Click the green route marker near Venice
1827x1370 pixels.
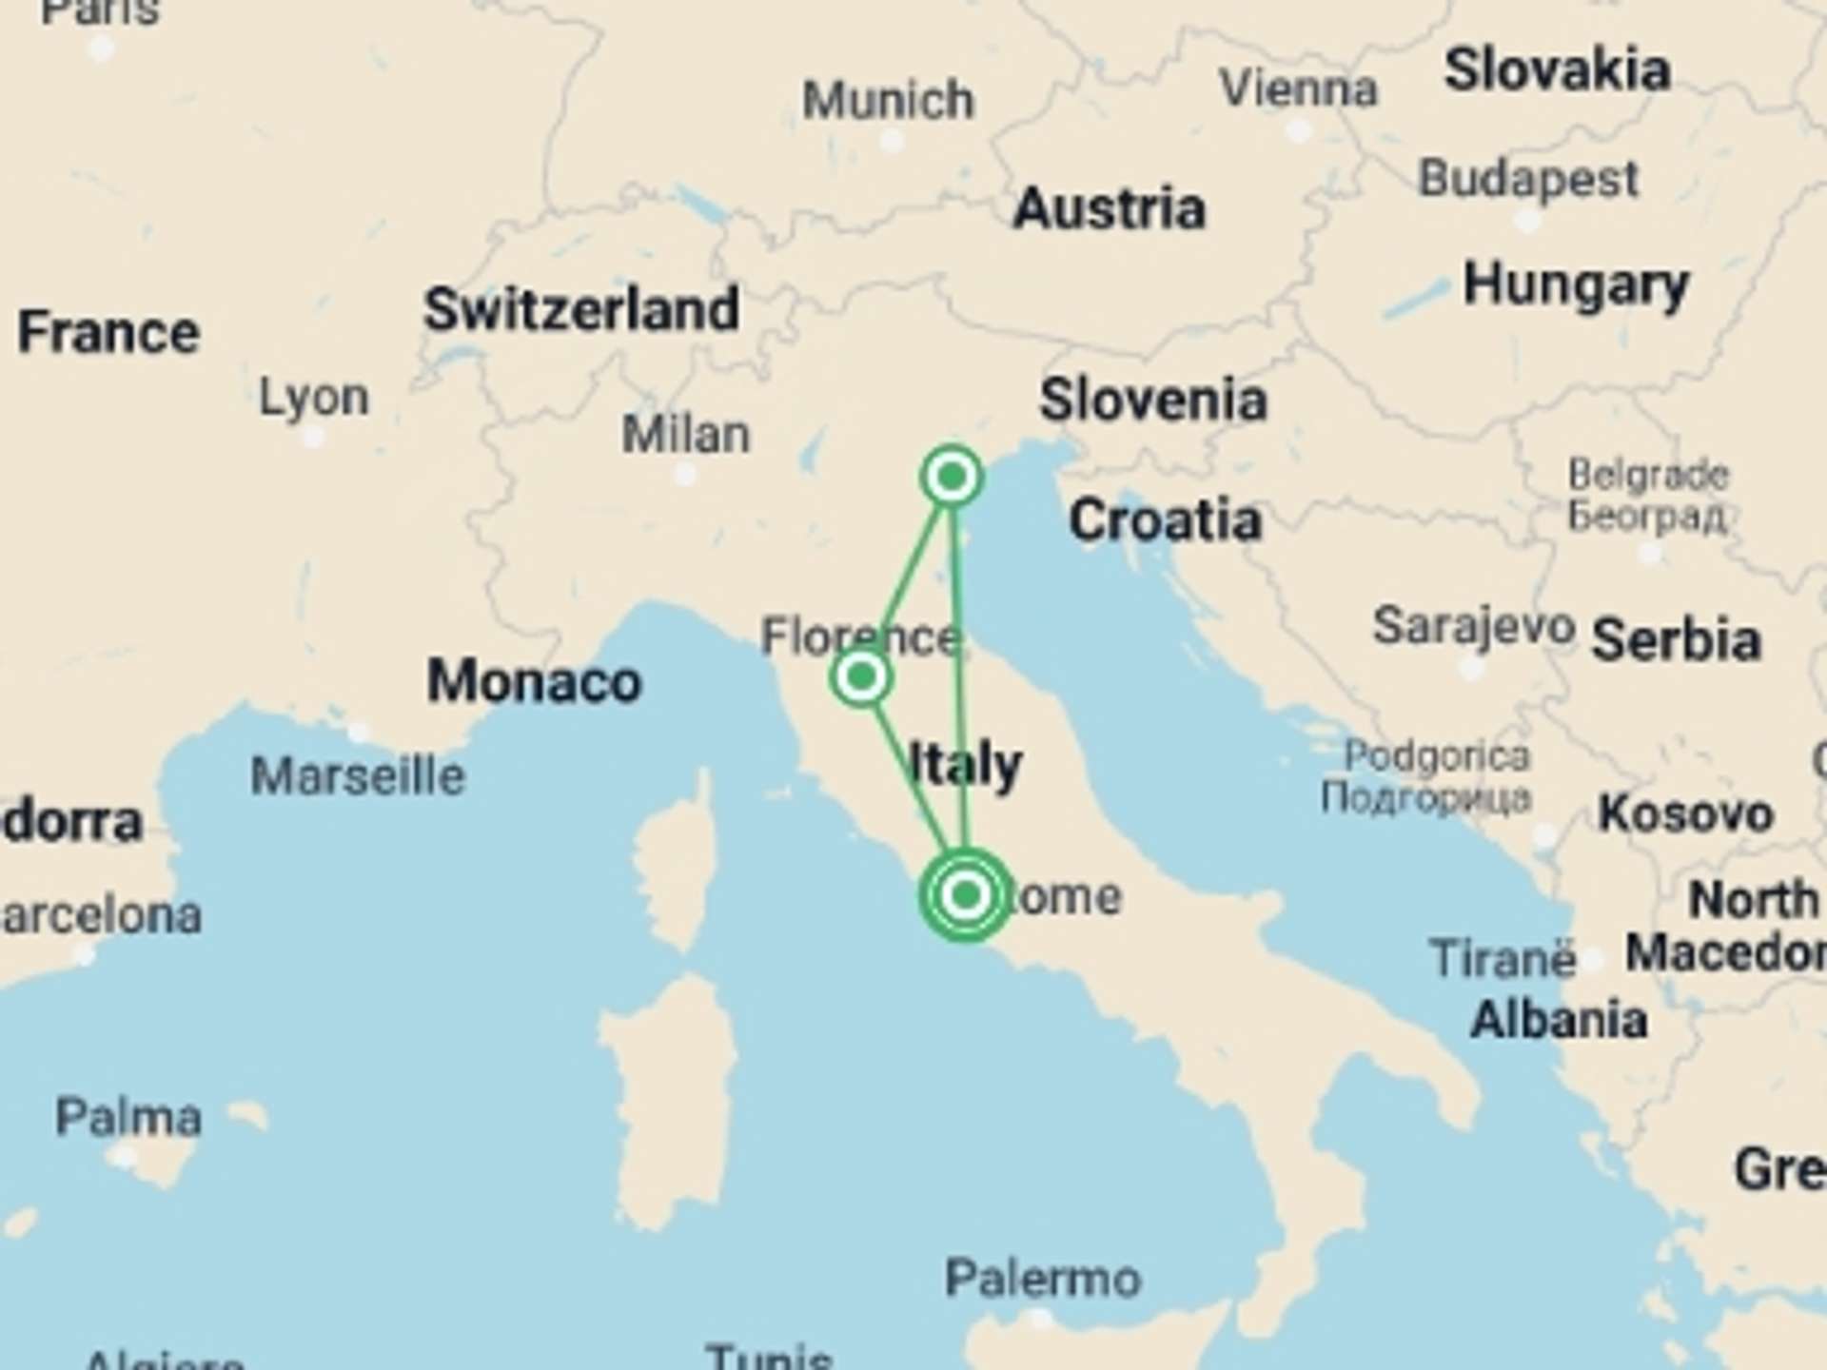[952, 476]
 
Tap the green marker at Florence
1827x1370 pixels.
[861, 676]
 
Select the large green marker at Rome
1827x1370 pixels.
[966, 894]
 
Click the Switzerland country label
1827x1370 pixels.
[581, 309]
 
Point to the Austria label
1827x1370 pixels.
[1110, 208]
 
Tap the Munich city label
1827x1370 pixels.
[889, 100]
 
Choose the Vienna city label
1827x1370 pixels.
[1299, 89]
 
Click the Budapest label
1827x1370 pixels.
[1528, 178]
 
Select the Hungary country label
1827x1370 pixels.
[1576, 284]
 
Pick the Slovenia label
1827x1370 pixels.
[1153, 400]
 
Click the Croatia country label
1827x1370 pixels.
[1166, 520]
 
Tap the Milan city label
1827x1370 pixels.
[686, 435]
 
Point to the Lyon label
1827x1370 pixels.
[314, 397]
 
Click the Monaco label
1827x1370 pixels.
[534, 681]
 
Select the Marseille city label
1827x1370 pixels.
[358, 776]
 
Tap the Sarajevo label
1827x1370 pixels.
[1473, 626]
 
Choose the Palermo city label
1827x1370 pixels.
[1043, 1278]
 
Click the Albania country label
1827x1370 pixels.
[1559, 1020]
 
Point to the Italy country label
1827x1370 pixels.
[965, 764]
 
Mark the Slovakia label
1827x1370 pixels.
[1557, 70]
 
